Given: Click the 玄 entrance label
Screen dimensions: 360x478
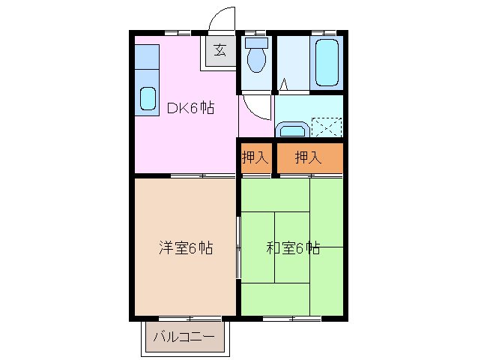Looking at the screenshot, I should [x=220, y=51].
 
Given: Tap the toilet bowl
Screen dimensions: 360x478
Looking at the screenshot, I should [x=256, y=61].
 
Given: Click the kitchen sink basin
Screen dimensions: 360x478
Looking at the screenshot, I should [x=148, y=98].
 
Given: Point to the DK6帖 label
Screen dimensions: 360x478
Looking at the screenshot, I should [x=190, y=108].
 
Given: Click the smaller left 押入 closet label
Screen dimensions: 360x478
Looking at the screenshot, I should [x=255, y=157].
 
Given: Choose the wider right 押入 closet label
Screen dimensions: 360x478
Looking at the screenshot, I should [x=308, y=157].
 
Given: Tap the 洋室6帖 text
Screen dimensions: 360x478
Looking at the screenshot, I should [x=185, y=247].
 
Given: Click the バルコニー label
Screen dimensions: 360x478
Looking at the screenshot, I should [x=184, y=337].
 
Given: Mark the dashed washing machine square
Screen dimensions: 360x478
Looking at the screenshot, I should [x=327, y=126].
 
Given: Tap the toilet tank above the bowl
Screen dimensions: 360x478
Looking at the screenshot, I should [x=255, y=43].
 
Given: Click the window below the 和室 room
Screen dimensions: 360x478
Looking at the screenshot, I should [x=292, y=318].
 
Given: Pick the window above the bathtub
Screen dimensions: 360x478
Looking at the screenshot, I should [x=323, y=32].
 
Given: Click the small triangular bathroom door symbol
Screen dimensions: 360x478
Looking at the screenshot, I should [x=284, y=85].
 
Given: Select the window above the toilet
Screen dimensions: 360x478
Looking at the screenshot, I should [x=255, y=32].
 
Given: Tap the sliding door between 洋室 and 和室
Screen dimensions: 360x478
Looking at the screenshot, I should [x=238, y=247].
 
